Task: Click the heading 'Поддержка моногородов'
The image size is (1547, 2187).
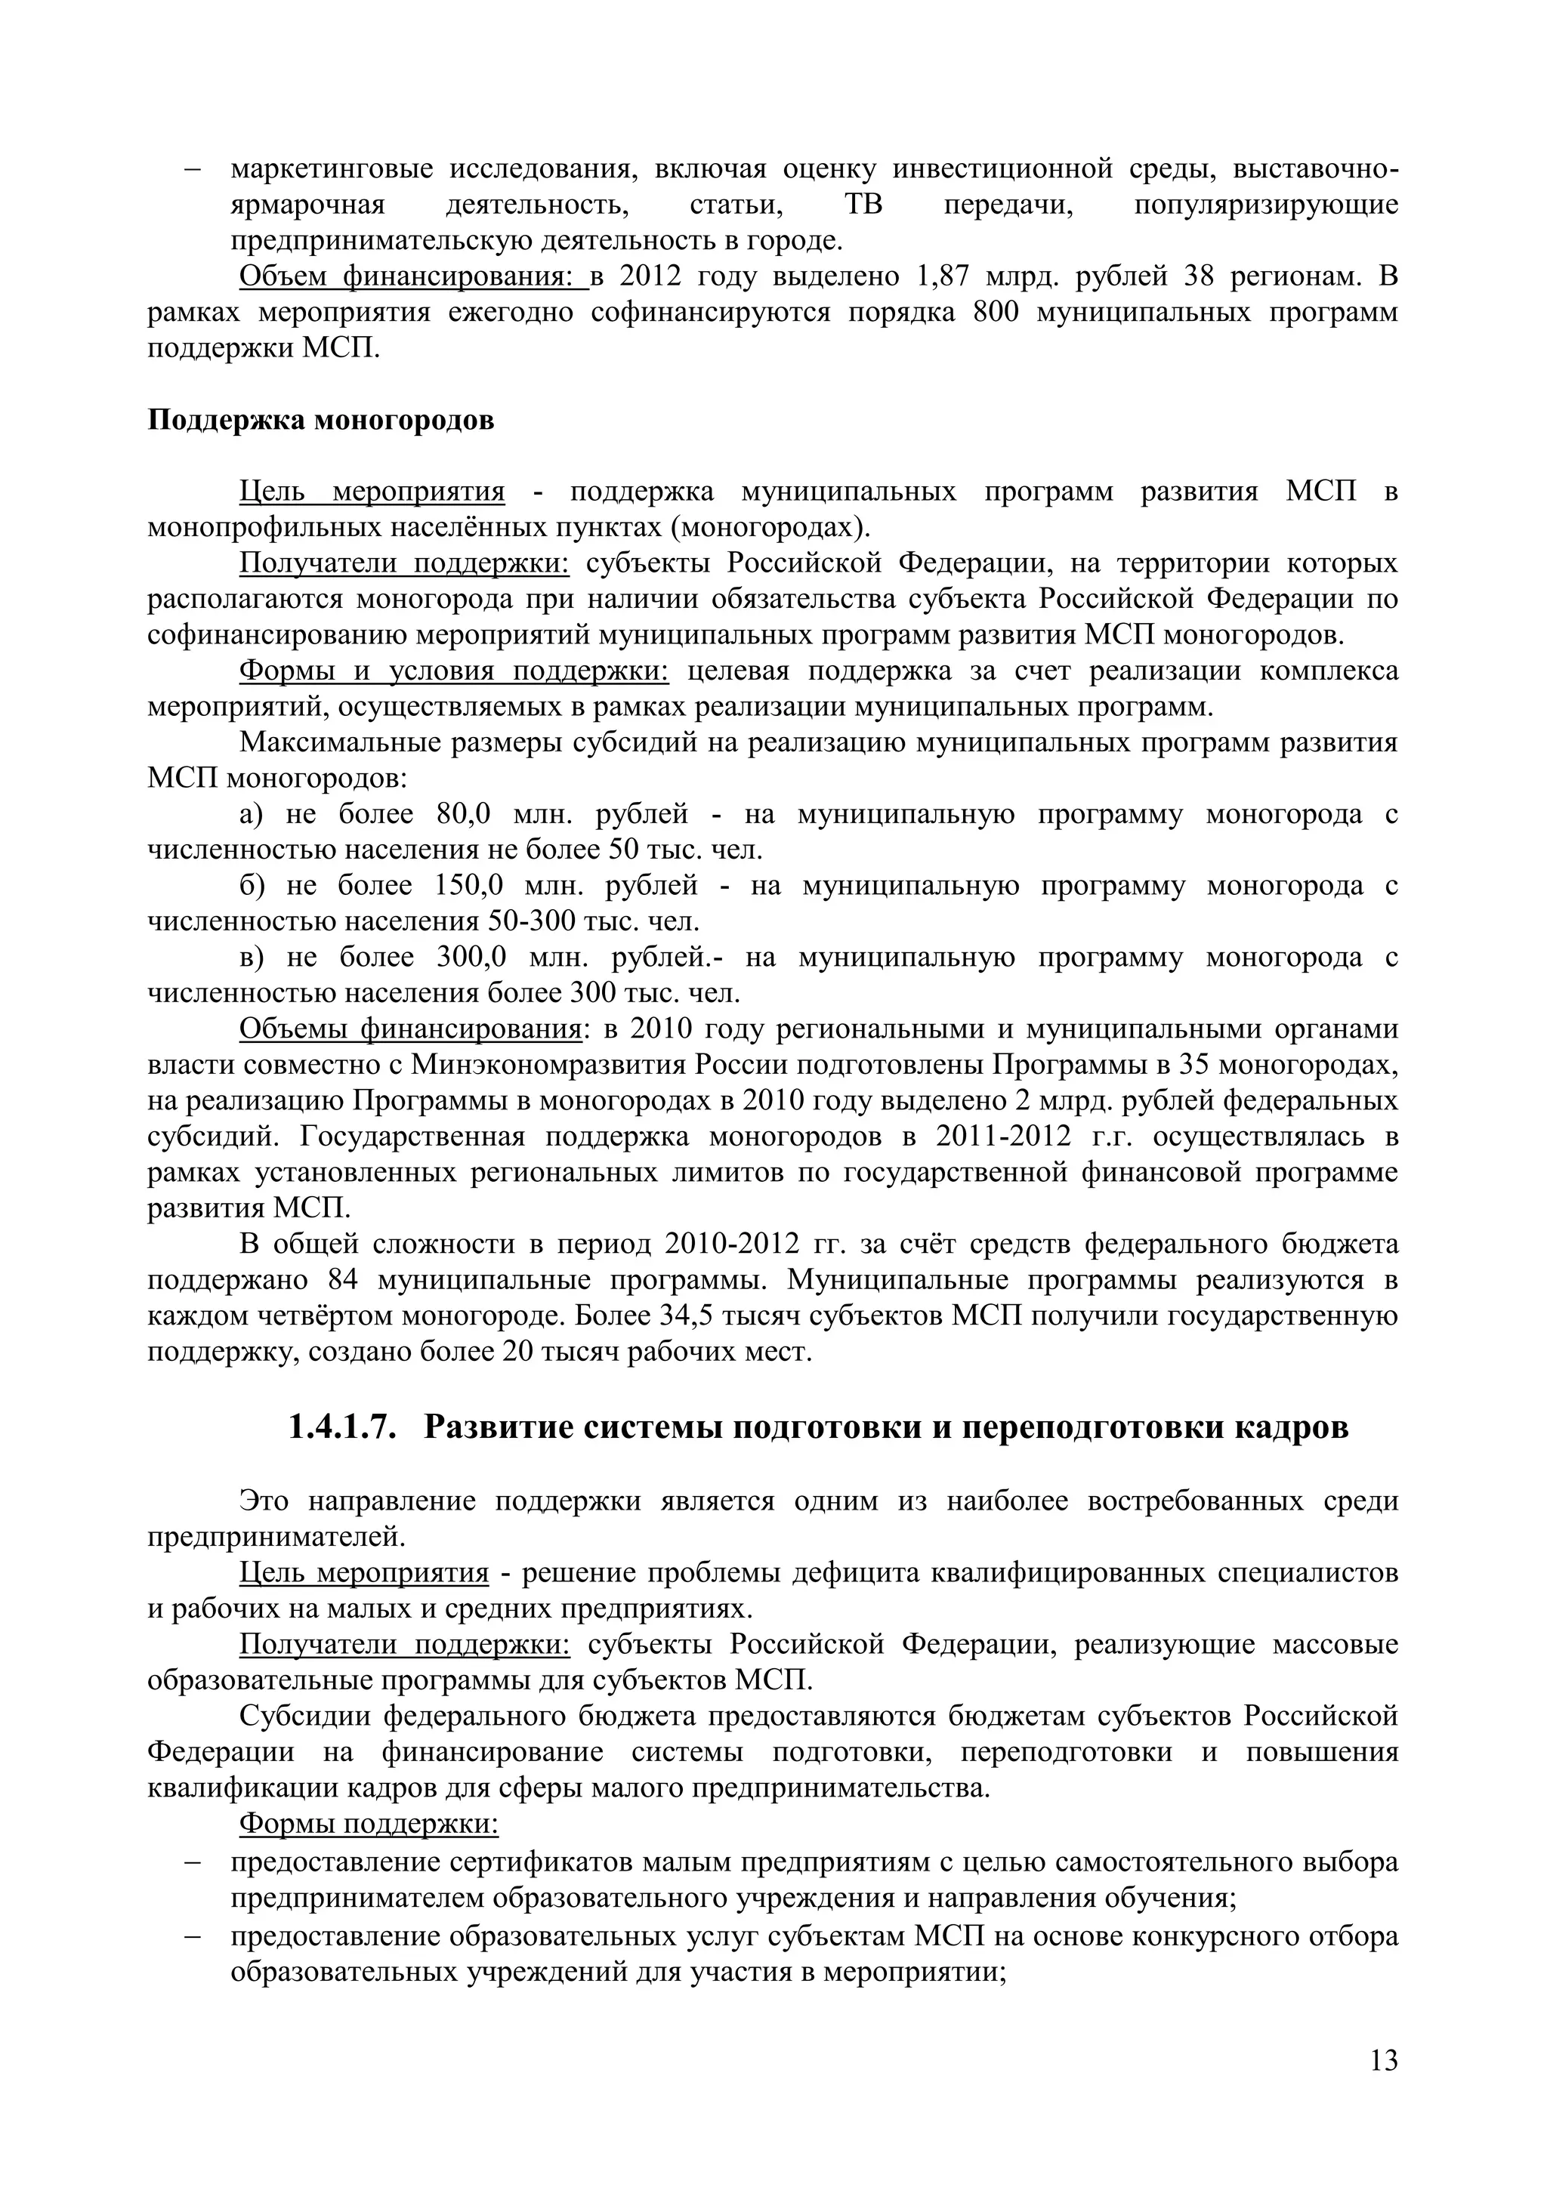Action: tap(321, 420)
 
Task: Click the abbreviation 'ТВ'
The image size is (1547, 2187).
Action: tap(863, 205)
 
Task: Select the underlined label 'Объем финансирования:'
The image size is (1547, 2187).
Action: tap(413, 276)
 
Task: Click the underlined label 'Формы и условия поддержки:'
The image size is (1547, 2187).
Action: tap(455, 671)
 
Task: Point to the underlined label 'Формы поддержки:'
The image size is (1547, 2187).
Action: tap(369, 1824)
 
